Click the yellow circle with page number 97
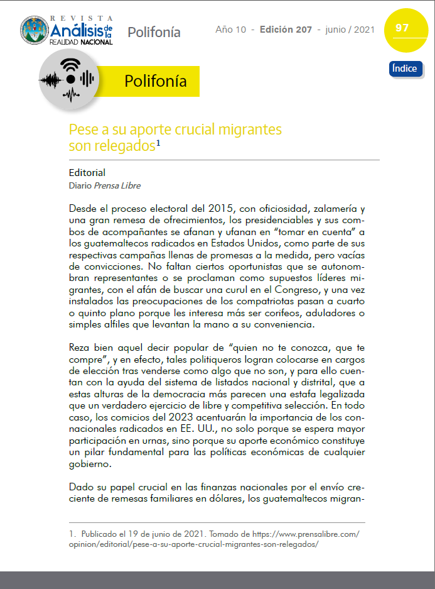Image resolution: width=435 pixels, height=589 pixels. [x=402, y=30]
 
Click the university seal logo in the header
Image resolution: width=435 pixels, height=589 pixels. [x=33, y=30]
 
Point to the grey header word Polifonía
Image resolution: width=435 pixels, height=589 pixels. [x=154, y=32]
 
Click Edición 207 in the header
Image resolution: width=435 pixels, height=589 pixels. [x=286, y=30]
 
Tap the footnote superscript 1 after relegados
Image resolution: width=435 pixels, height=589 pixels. [x=159, y=143]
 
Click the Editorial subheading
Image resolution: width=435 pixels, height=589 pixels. [x=87, y=172]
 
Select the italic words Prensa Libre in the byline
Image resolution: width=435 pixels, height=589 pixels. [x=117, y=185]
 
